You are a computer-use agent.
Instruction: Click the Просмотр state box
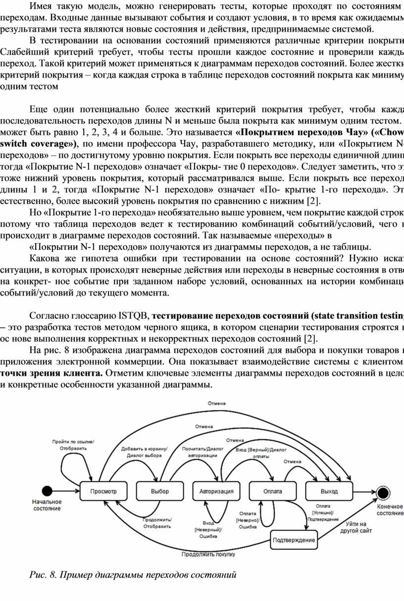(x=103, y=491)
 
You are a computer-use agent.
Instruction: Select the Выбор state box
(x=159, y=491)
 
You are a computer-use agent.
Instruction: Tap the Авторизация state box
(x=216, y=491)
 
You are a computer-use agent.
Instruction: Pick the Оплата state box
(x=272, y=491)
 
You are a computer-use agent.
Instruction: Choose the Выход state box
(x=329, y=491)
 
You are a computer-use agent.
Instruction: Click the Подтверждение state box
(x=294, y=540)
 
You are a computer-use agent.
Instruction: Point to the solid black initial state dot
(x=47, y=491)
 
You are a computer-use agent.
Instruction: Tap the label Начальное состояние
(x=47, y=505)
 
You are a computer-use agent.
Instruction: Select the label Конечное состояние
(x=390, y=510)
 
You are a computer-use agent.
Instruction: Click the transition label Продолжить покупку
(x=208, y=554)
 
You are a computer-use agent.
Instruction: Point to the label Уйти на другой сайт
(x=356, y=527)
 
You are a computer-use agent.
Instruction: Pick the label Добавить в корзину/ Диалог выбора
(x=145, y=452)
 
